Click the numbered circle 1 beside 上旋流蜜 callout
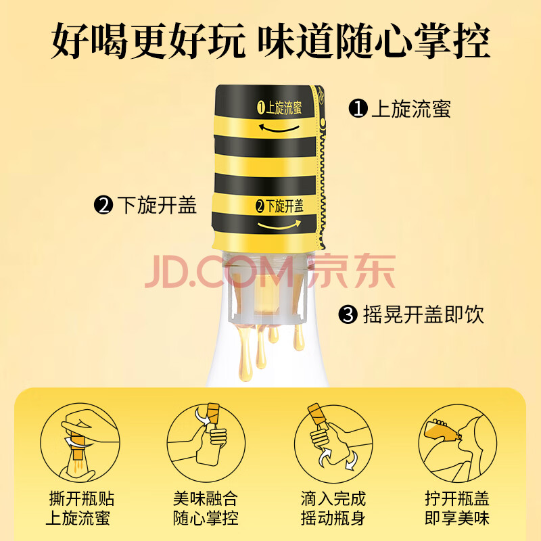pos(358,108)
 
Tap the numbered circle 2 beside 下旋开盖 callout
pos(103,205)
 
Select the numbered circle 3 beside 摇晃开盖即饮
pos(348,314)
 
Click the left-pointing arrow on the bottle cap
pos(279,128)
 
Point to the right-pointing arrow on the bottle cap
pos(279,225)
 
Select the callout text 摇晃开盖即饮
pos(423,314)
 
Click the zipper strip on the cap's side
pos(321,166)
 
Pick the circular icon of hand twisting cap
pos(80,443)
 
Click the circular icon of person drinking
pos(458,443)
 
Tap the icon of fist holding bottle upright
pos(206,443)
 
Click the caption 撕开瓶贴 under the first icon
pos(82,498)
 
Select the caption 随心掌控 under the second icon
pos(206,518)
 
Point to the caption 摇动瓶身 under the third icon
pos(333,518)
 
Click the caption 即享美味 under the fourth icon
pos(457,518)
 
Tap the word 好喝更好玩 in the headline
pos(148,41)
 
